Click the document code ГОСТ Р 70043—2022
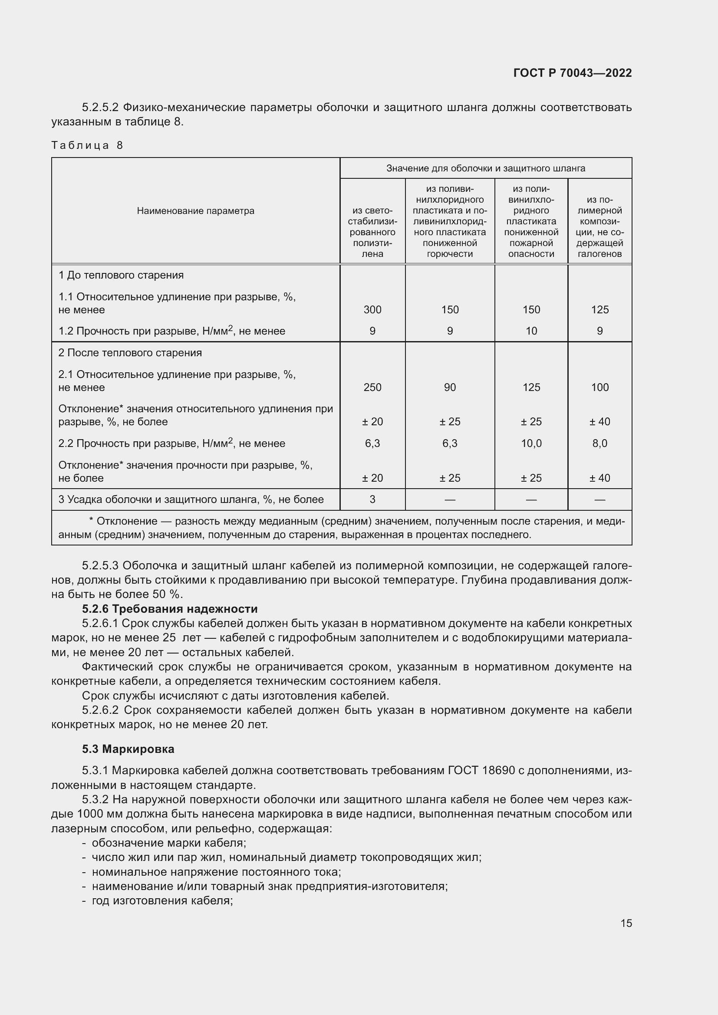573,73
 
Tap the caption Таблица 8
87,145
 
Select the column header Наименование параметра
195,211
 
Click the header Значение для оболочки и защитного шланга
485,168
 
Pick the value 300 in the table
372,310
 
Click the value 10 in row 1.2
531,331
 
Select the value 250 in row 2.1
372,388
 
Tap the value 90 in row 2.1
450,388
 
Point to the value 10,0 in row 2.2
531,443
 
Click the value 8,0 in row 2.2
599,443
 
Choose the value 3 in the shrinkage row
372,499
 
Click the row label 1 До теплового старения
121,276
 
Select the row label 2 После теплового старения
130,353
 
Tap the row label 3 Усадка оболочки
191,499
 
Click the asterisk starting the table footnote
91,520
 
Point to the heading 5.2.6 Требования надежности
170,609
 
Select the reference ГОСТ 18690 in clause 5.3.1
481,771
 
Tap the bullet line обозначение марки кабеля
169,843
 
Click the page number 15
626,923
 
